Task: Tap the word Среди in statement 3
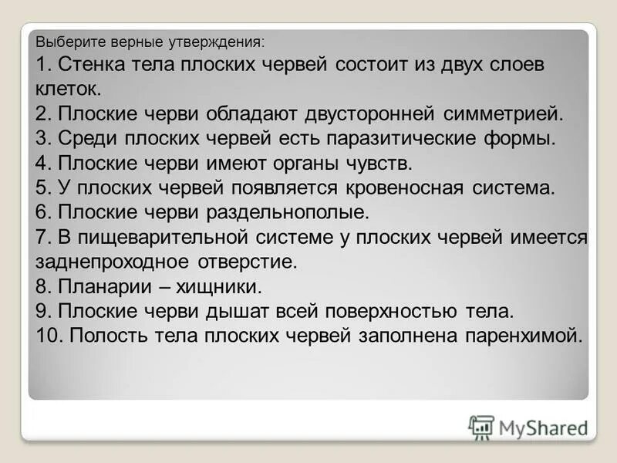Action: click(85, 139)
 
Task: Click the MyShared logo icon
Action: click(481, 427)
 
